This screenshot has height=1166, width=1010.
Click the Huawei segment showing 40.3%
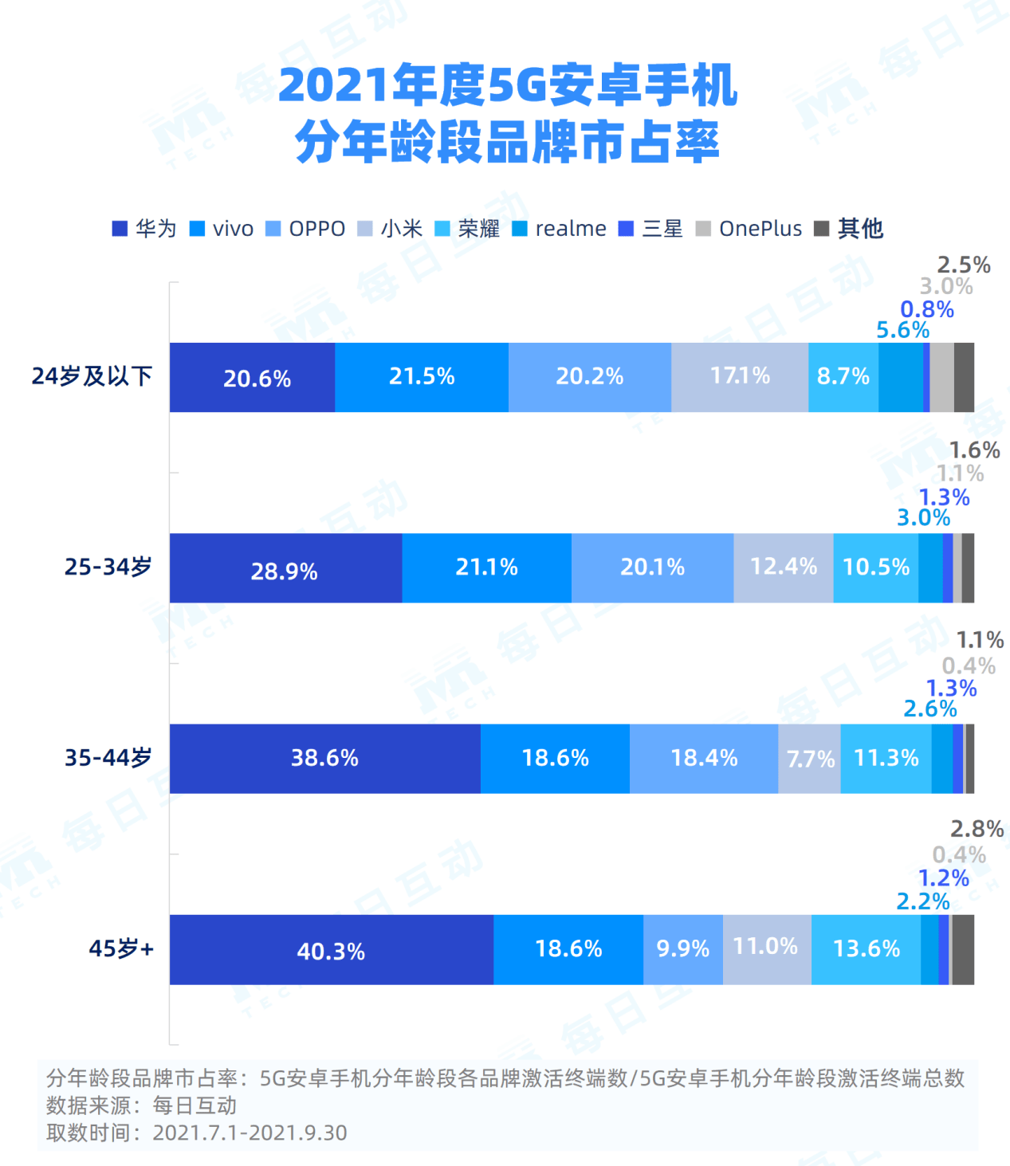pyautogui.click(x=331, y=950)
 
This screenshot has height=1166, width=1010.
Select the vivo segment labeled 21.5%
pyautogui.click(x=422, y=377)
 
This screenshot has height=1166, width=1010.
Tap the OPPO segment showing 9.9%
pyautogui.click(x=683, y=949)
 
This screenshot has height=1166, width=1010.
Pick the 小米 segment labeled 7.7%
pyautogui.click(x=809, y=759)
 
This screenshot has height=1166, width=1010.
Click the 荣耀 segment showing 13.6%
pyautogui.click(x=866, y=949)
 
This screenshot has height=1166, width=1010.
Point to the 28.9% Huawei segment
pyautogui.click(x=285, y=568)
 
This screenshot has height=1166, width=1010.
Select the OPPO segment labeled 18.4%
pyautogui.click(x=704, y=759)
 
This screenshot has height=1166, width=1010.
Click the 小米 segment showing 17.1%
pyautogui.click(x=740, y=377)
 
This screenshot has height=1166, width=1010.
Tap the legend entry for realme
pyautogui.click(x=560, y=229)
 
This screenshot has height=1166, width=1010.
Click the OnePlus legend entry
pyautogui.click(x=749, y=229)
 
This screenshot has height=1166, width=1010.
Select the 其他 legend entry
pyautogui.click(x=850, y=229)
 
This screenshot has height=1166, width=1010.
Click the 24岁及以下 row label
pyautogui.click(x=92, y=376)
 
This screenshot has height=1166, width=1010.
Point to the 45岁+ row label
pyautogui.click(x=121, y=948)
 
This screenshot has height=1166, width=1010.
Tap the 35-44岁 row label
pyautogui.click(x=108, y=757)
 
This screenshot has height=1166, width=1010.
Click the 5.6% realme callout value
pyautogui.click(x=902, y=330)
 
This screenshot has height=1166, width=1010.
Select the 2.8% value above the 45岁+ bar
pyautogui.click(x=977, y=829)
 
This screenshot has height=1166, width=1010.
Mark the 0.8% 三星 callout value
pyautogui.click(x=926, y=309)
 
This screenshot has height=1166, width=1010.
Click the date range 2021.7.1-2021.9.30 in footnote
pyautogui.click(x=250, y=1133)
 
